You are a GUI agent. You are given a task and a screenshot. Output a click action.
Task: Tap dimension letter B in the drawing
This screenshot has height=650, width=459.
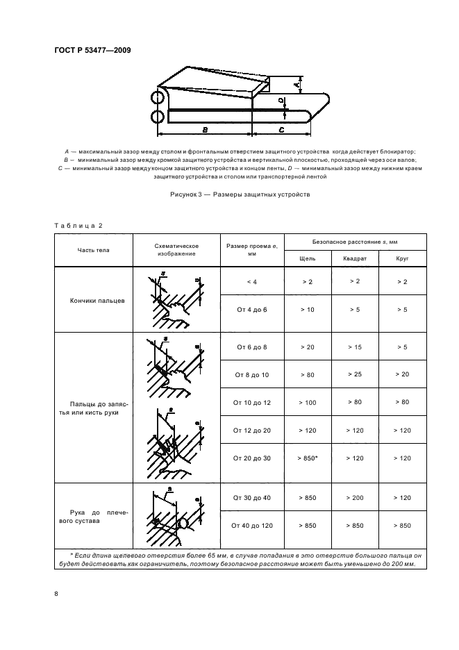click(205, 130)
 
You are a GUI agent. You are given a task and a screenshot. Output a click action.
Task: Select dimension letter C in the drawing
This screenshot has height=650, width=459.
click(281, 130)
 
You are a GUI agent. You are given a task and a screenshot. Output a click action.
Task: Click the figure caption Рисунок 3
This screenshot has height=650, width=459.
click(240, 194)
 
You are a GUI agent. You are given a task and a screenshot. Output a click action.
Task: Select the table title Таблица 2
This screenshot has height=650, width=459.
click(78, 226)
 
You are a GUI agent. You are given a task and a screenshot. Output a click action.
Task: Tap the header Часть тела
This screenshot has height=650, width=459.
click(93, 249)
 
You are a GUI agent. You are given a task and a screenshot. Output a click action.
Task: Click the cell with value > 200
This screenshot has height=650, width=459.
click(354, 499)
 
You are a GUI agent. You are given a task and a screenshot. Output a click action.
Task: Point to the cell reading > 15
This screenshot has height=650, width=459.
click(354, 346)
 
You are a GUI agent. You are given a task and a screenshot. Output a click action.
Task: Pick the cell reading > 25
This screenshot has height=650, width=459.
click(354, 374)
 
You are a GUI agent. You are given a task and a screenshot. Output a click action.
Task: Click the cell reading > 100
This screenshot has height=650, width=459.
click(307, 403)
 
